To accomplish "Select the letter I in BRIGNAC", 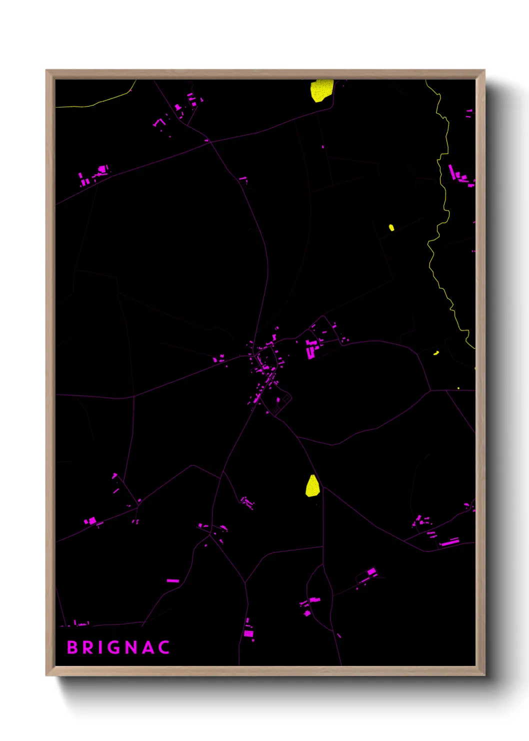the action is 101,647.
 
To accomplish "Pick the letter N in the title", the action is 132,647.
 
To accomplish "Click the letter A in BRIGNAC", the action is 149,647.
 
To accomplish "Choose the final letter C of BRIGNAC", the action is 164,647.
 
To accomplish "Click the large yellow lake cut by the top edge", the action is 321,90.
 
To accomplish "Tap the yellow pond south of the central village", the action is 312,486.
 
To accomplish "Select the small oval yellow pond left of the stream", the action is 391,228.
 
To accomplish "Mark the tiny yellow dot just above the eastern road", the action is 458,388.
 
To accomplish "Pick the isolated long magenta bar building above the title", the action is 172,581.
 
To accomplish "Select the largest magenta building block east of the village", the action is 311,348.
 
